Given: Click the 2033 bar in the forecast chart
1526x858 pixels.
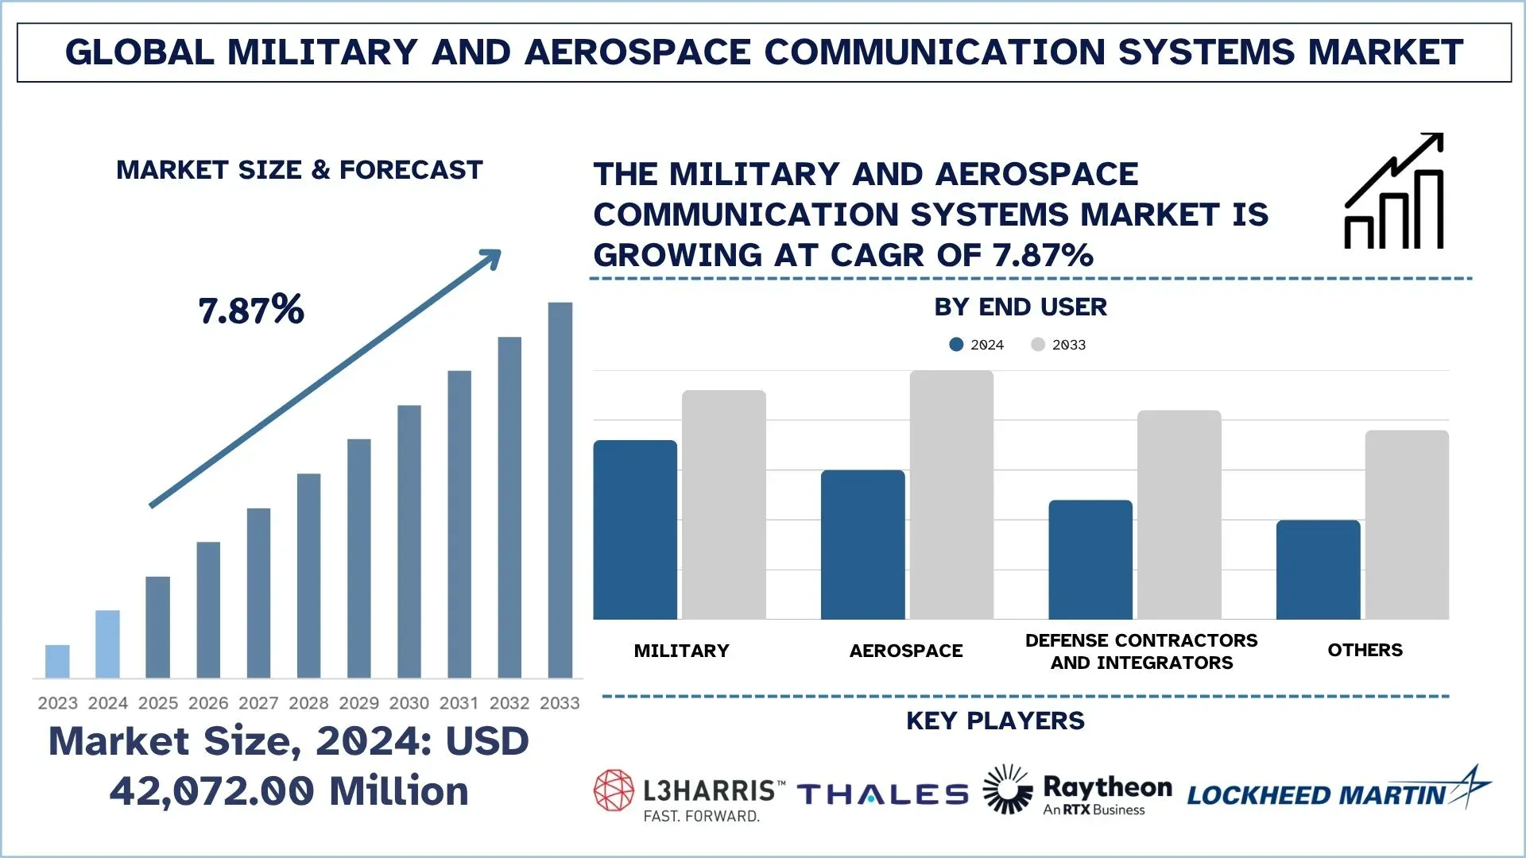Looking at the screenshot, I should coord(560,489).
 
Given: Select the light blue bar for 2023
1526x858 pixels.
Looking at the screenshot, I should coord(57,661).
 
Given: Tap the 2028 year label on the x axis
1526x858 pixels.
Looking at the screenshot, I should coord(308,703).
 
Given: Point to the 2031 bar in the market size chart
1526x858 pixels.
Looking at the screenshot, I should coord(459,524).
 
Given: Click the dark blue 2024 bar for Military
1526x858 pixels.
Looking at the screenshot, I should coord(635,530).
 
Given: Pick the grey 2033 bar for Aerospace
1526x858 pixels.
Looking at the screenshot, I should coord(951,495).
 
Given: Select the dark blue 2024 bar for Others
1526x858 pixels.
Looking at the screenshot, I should coord(1318,570).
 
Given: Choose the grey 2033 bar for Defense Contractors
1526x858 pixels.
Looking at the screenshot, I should coord(1179,515).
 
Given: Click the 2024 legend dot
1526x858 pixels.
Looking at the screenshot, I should coord(956,345).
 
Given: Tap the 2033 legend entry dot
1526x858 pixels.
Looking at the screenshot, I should coord(1038,345).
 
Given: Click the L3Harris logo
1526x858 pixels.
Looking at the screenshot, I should coord(688,794).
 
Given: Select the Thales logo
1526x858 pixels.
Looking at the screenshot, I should coord(882,794).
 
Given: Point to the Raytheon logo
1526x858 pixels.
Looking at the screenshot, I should coord(1078,791).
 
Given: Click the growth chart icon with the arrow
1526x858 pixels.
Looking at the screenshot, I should coord(1393,191).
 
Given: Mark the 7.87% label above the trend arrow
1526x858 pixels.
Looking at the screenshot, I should coord(251,310).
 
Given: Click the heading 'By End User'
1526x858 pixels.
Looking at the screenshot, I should coord(1021,307).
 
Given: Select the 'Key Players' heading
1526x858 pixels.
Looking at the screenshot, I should coord(995,721).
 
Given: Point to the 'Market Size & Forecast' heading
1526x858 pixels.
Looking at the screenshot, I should coord(300,170).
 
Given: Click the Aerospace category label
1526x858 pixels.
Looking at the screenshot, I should coord(906,651).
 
